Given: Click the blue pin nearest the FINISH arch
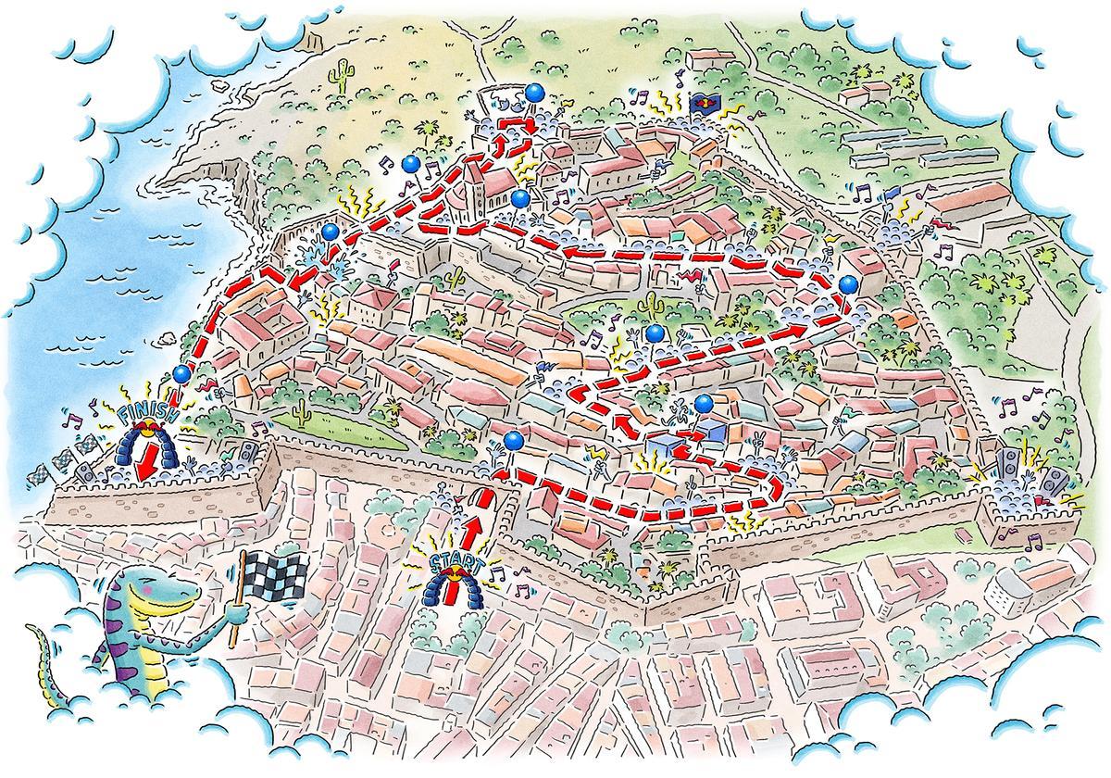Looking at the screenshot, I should click(x=181, y=373).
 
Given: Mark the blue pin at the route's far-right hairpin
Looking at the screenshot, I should click(x=848, y=283).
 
